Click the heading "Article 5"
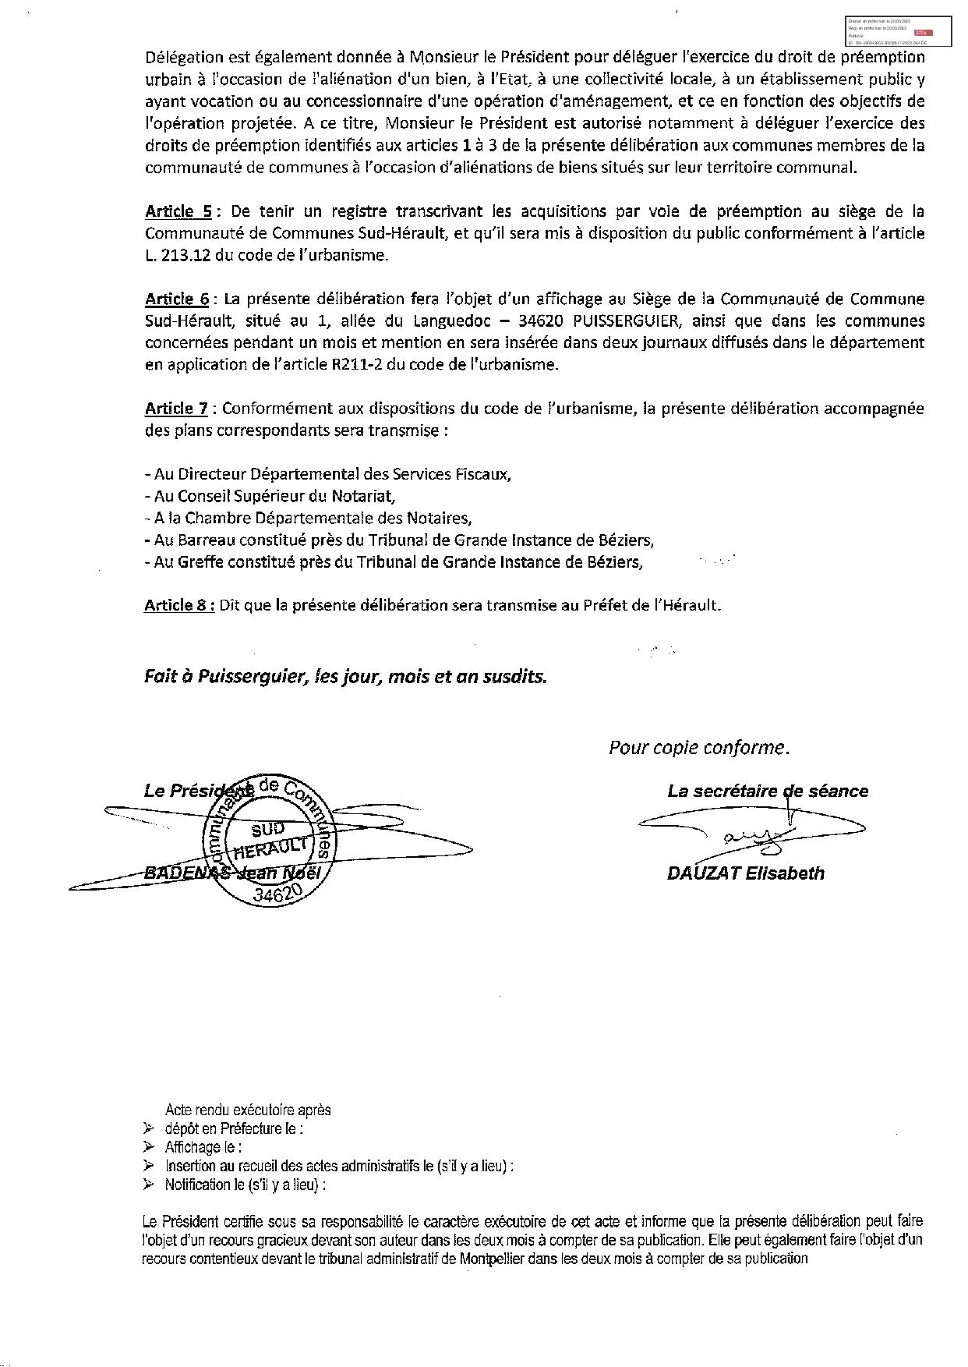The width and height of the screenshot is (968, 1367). pos(178,211)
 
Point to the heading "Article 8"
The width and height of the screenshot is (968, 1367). pos(178,605)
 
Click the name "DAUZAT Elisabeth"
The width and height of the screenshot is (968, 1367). pos(745,873)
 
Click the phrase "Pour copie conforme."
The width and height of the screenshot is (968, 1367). pos(698,748)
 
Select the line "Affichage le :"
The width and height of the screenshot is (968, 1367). pos(203,1147)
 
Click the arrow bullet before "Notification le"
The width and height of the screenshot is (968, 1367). pos(149,1185)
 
